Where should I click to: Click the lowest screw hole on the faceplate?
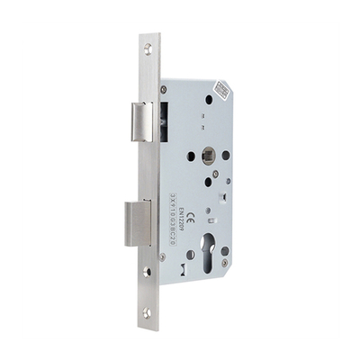tap(147, 312)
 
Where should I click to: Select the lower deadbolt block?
tap(137, 222)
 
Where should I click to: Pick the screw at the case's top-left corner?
tap(163, 89)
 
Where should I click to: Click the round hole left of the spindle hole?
tap(191, 156)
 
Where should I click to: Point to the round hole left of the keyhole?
tap(191, 255)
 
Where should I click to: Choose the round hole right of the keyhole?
tap(224, 251)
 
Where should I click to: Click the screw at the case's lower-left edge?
tap(163, 256)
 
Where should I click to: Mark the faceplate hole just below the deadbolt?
tap(147, 269)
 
